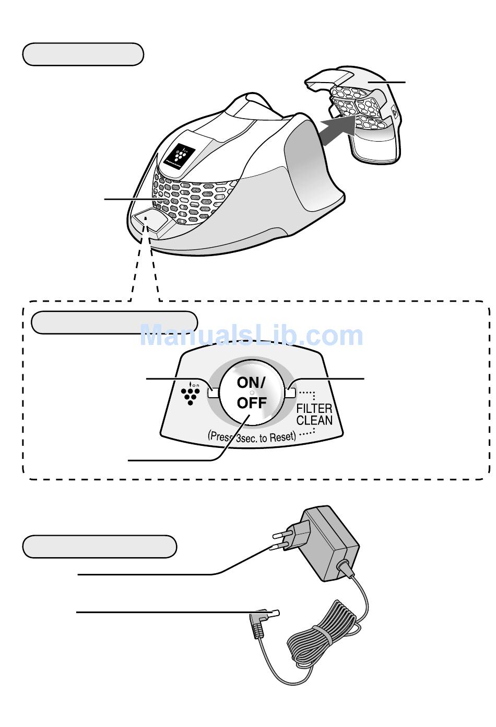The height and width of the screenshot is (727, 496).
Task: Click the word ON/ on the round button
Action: coord(251,383)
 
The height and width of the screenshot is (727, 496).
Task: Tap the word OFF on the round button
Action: coord(252,403)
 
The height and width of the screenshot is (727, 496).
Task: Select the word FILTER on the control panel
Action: coord(314,408)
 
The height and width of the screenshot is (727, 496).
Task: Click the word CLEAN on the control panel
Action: coord(314,420)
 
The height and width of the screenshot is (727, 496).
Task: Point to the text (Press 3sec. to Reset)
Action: coord(252,436)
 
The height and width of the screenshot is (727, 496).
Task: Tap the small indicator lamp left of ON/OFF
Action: coord(212,393)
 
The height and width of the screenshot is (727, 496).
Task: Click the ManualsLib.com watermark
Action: coord(251,336)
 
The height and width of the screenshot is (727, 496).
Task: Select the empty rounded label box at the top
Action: coord(83,54)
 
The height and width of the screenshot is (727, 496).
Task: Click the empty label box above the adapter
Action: coord(100,547)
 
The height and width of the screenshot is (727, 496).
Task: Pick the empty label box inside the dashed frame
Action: coord(114,322)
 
